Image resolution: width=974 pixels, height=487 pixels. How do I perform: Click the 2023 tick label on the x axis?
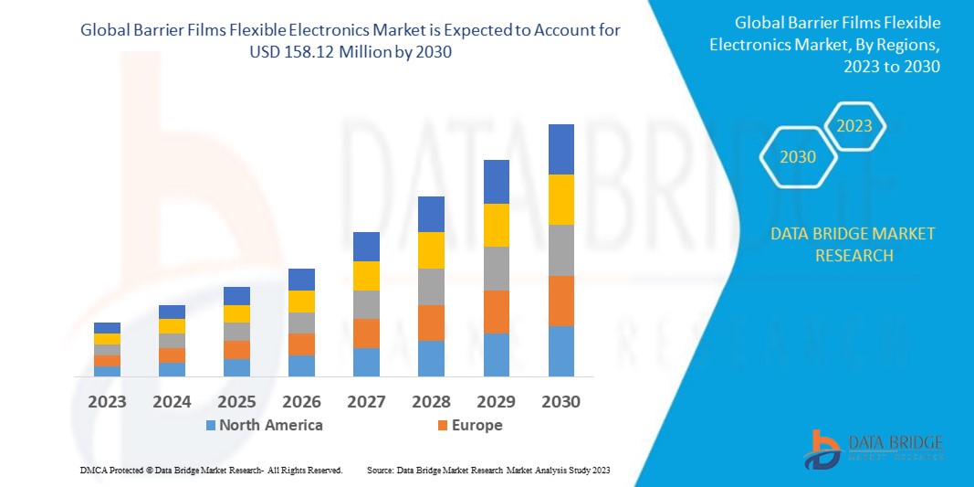click(x=107, y=401)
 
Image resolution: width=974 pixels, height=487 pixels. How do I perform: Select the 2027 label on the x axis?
click(x=366, y=401)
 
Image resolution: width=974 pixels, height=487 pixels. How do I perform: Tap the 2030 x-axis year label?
click(x=560, y=401)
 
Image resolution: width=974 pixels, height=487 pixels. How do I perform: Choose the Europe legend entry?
click(x=469, y=425)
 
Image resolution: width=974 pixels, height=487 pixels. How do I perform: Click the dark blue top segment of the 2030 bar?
click(x=560, y=149)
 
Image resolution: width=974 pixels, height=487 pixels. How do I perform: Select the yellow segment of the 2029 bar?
click(x=496, y=225)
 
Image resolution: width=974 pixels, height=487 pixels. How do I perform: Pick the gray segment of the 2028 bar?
click(x=431, y=286)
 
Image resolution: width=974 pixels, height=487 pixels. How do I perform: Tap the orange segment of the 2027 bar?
click(x=366, y=333)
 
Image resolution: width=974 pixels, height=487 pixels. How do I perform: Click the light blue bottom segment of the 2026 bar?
click(x=301, y=365)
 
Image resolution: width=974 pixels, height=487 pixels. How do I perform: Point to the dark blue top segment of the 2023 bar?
click(x=107, y=327)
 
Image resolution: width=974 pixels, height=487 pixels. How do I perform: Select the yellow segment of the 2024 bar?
click(x=172, y=325)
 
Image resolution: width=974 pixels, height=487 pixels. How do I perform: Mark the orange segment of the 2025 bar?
click(x=236, y=349)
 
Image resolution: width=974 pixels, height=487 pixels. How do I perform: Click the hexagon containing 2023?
click(x=854, y=126)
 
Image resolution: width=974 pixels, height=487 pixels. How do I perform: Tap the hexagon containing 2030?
click(x=797, y=157)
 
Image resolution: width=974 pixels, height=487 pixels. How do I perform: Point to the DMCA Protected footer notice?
click(x=211, y=470)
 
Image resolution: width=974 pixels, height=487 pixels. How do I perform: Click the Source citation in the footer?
click(x=487, y=470)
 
